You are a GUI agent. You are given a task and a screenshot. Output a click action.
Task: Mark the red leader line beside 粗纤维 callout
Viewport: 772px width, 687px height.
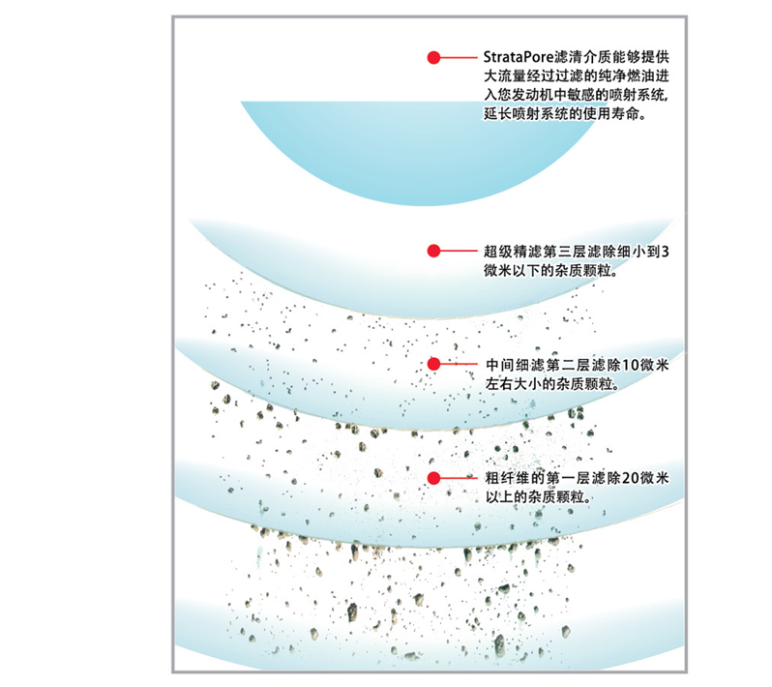(x=460, y=478)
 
